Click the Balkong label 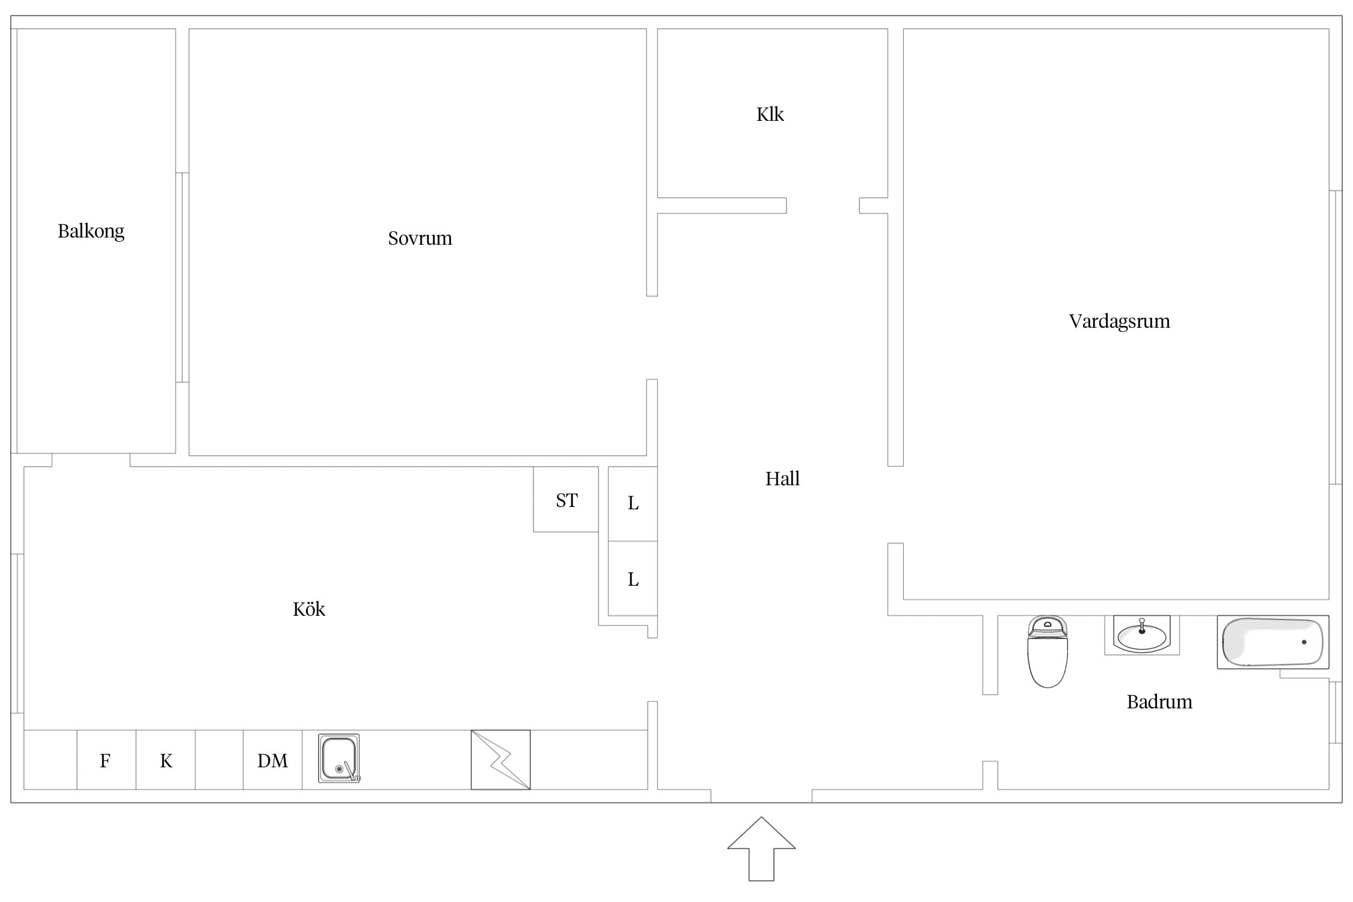91,232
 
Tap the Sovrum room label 420,239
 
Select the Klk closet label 770,114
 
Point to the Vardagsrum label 1119,322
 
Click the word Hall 782,479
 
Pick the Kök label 308,609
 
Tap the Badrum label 1159,702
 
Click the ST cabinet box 566,499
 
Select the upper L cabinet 633,504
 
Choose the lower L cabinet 633,578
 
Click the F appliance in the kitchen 106,759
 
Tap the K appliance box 165,759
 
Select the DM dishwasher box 272,759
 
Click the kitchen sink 339,758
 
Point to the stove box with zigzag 500,759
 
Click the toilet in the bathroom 1048,651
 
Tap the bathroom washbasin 1142,635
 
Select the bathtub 1273,642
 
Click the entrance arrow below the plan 761,848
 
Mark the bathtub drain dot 1304,642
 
